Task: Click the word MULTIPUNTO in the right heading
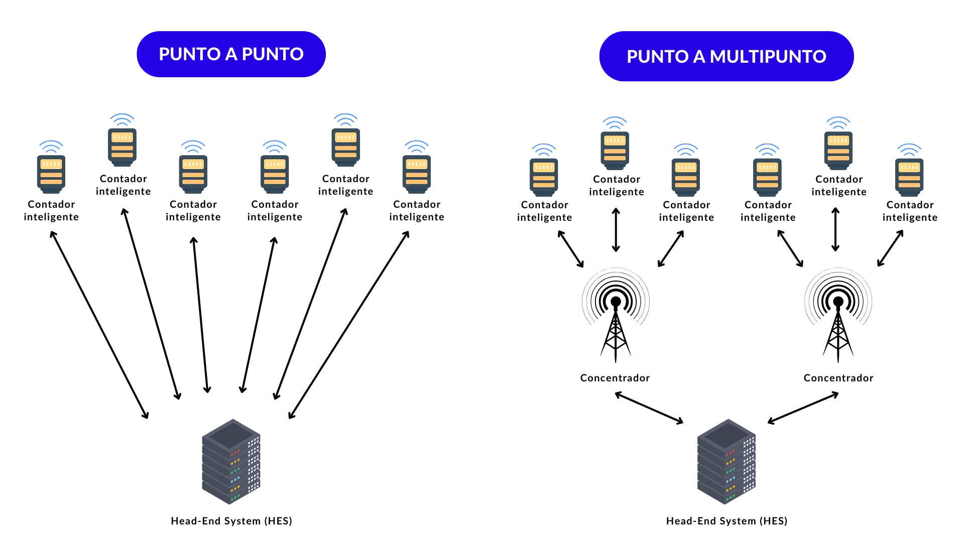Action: pyautogui.click(x=768, y=57)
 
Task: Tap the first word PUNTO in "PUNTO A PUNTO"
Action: pyautogui.click(x=190, y=54)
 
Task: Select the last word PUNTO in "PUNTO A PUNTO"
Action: pyautogui.click(x=273, y=54)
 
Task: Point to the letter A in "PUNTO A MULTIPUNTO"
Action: pyautogui.click(x=699, y=57)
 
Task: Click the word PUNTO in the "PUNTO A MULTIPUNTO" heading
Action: pyautogui.click(x=657, y=57)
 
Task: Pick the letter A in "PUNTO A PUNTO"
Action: pyautogui.click(x=231, y=54)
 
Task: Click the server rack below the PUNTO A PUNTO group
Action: pyautogui.click(x=231, y=462)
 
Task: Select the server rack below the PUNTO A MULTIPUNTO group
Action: pyautogui.click(x=727, y=462)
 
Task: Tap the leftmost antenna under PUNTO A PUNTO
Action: pyautogui.click(x=52, y=168)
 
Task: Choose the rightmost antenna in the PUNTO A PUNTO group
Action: pyautogui.click(x=417, y=168)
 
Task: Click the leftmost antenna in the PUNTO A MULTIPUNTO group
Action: pyautogui.click(x=542, y=171)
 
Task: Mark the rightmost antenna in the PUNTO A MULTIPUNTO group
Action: pyautogui.click(x=908, y=171)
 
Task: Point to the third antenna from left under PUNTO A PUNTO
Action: pyautogui.click(x=193, y=168)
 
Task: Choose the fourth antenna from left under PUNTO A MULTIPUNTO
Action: pyautogui.click(x=767, y=171)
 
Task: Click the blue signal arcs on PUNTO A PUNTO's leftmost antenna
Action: pyautogui.click(x=51, y=146)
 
